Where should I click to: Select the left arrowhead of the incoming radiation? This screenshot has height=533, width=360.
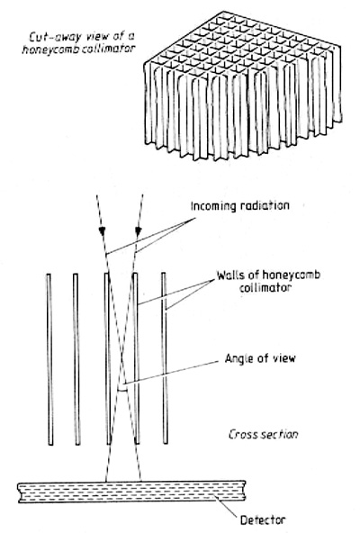point(102,230)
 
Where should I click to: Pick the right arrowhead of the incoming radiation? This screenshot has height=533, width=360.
point(138,230)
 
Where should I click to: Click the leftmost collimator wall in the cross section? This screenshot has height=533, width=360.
point(50,359)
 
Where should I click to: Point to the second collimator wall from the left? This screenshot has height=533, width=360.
point(76,359)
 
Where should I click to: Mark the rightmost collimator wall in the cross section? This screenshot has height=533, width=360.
point(165,358)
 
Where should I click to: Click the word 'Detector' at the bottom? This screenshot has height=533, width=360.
point(263,520)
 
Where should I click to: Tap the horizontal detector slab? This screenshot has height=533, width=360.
point(131,492)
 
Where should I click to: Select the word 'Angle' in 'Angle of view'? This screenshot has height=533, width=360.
point(238,358)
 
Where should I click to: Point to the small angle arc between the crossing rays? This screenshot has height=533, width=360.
point(122,390)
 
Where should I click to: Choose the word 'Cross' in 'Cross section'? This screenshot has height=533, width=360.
point(240,435)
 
